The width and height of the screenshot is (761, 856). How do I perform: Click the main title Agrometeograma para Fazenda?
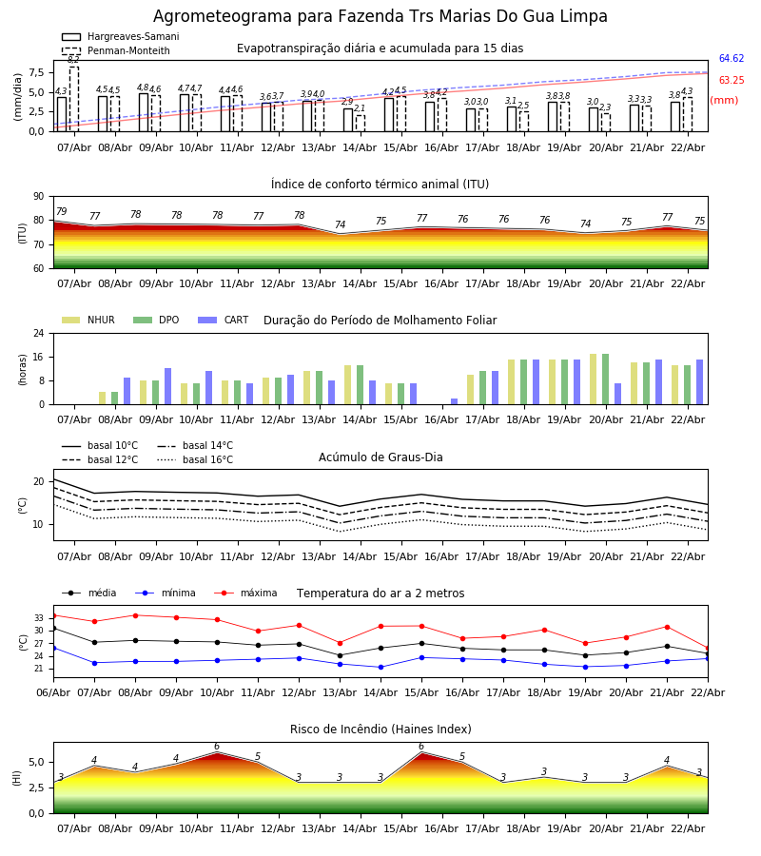point(380,17)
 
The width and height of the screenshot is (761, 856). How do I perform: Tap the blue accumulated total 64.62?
point(731,59)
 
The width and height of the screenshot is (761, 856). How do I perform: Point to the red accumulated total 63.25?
point(731,81)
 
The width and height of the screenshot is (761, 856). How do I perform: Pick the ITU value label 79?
point(61,212)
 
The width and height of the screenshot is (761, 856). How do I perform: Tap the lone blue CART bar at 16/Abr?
point(454,401)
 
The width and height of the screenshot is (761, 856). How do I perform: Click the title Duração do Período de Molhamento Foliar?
point(380,321)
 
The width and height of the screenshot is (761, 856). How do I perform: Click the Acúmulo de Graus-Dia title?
point(380,457)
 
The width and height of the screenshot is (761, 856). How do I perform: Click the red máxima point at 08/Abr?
point(135,615)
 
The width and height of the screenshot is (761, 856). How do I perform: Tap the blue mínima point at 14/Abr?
point(380,667)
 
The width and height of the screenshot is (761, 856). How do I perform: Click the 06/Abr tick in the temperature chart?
point(53,691)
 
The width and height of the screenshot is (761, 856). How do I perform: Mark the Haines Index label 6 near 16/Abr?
point(421,747)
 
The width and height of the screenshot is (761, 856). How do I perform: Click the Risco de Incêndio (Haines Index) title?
point(380,730)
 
